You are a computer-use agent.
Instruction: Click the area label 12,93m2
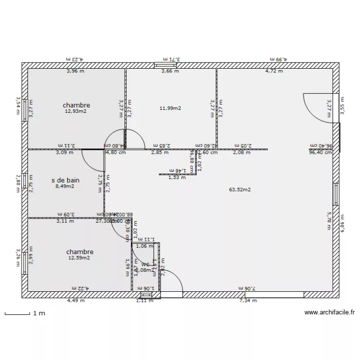[76, 111]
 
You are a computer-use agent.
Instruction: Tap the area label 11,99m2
[170, 108]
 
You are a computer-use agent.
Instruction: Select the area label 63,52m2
[240, 190]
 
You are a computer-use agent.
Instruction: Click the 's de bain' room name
[65, 180]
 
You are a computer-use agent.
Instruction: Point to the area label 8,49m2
[65, 187]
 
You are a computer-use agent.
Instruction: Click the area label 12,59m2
[80, 258]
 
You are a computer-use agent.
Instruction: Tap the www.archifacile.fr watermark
[329, 312]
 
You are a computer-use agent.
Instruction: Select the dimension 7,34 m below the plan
[248, 301]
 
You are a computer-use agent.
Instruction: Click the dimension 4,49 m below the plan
[76, 301]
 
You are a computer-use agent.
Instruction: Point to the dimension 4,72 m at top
[274, 71]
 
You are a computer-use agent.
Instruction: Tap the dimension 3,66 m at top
[169, 71]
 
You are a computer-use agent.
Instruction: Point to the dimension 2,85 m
[160, 153]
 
